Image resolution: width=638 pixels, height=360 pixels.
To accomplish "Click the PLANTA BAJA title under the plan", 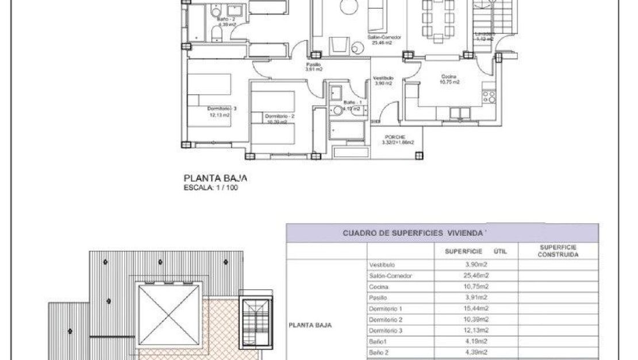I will point(216,179).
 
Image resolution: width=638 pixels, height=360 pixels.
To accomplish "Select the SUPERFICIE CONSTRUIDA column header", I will point(558,251).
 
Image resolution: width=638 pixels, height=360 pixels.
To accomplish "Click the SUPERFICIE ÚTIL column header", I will point(475,251).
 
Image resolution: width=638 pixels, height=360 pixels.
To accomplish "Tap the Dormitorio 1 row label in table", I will point(386,309).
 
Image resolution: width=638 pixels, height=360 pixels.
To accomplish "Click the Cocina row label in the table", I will point(379,286).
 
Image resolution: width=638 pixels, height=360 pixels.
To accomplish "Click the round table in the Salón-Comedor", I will point(348,6).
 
